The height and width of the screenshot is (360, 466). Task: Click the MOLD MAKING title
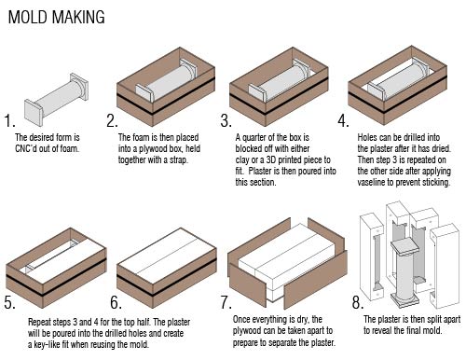click(x=56, y=17)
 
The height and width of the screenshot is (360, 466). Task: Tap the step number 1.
click(x=9, y=120)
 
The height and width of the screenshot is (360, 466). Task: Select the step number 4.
click(x=343, y=120)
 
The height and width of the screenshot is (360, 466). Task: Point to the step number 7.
click(x=226, y=302)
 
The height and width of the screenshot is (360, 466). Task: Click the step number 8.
click(x=358, y=302)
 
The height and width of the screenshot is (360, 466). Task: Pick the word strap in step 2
click(x=179, y=160)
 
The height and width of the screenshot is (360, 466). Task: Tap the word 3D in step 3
click(x=271, y=159)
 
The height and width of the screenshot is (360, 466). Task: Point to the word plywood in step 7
click(x=247, y=331)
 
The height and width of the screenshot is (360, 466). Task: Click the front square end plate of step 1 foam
click(x=34, y=112)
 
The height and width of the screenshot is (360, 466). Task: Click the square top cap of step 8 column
click(x=404, y=245)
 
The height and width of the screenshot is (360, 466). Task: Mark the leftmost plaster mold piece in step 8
click(x=372, y=255)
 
